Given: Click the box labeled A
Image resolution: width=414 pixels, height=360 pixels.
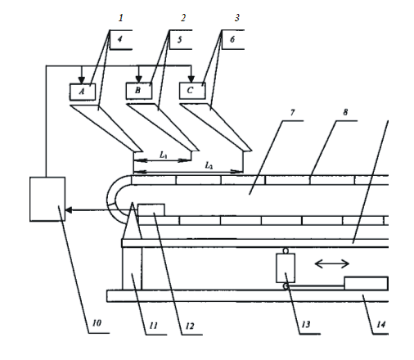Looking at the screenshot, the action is pyautogui.click(x=83, y=92).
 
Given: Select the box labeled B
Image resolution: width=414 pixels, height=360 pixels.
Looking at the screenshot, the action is pyautogui.click(x=139, y=91).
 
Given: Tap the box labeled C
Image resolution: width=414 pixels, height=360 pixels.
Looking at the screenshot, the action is pyautogui.click(x=192, y=91).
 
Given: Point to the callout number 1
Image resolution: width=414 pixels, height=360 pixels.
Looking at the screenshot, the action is pyautogui.click(x=120, y=18).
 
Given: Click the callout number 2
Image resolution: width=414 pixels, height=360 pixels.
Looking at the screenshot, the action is pyautogui.click(x=183, y=18).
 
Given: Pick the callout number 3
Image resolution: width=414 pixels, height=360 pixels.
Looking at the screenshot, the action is pyautogui.click(x=237, y=18).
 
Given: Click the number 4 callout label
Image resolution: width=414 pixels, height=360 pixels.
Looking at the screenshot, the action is pyautogui.click(x=119, y=39).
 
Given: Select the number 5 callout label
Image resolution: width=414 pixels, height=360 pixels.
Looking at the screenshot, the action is pyautogui.click(x=179, y=40).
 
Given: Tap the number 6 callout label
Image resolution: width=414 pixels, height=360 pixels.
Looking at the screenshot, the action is pyautogui.click(x=232, y=39).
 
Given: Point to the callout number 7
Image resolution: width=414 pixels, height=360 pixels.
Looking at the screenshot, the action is pyautogui.click(x=292, y=112).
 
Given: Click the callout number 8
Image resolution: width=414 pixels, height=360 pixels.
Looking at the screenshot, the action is pyautogui.click(x=345, y=112).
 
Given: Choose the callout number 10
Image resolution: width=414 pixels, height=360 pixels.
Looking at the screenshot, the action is pyautogui.click(x=97, y=323).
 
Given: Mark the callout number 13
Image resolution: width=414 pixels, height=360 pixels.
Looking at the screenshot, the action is pyautogui.click(x=306, y=324).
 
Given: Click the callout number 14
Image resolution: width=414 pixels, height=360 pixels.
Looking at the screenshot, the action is pyautogui.click(x=381, y=324).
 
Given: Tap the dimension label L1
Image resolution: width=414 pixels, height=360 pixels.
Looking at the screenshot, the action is pyautogui.click(x=164, y=155).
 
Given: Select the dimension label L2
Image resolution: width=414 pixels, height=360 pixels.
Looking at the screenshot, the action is pyautogui.click(x=209, y=165).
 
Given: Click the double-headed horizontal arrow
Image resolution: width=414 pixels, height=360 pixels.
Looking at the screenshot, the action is pyautogui.click(x=332, y=263).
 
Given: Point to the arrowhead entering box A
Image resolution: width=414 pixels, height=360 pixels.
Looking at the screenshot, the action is pyautogui.click(x=82, y=80).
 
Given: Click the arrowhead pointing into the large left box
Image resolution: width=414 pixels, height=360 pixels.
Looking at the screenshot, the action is pyautogui.click(x=69, y=210).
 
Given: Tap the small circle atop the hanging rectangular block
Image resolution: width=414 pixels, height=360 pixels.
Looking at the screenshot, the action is pyautogui.click(x=286, y=251).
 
